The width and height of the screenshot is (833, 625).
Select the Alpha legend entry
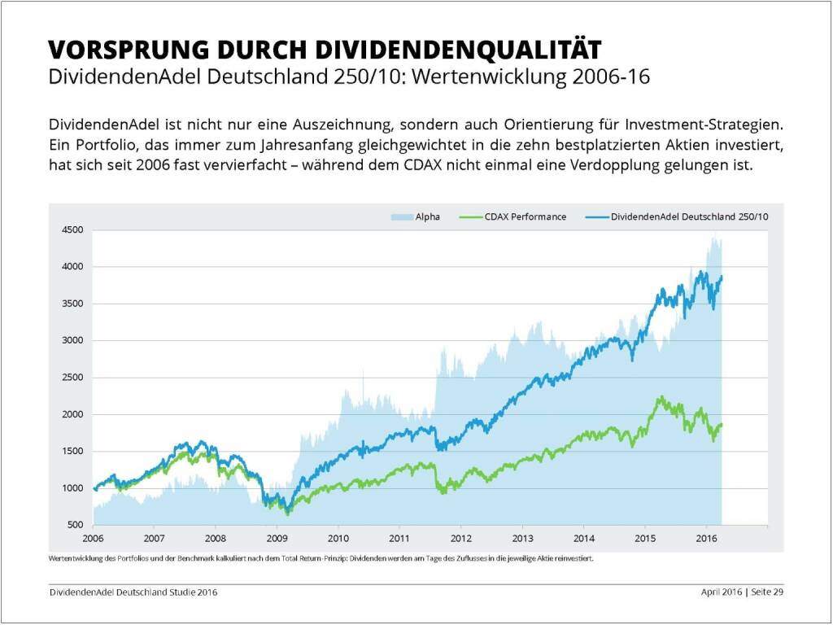click(x=427, y=216)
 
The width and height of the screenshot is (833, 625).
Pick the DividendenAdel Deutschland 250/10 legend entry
click(x=689, y=216)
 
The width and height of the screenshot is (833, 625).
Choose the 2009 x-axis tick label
click(x=277, y=538)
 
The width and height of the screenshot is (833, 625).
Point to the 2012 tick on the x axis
click(x=460, y=538)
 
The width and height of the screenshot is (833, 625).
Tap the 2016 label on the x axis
click(x=706, y=538)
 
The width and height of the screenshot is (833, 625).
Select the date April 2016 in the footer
click(x=722, y=592)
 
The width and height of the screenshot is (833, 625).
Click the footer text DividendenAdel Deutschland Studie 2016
click(x=133, y=592)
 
